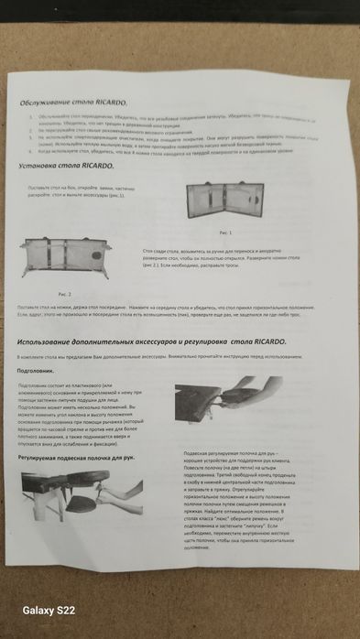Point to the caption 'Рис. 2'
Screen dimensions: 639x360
pyautogui.click(x=51, y=284)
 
